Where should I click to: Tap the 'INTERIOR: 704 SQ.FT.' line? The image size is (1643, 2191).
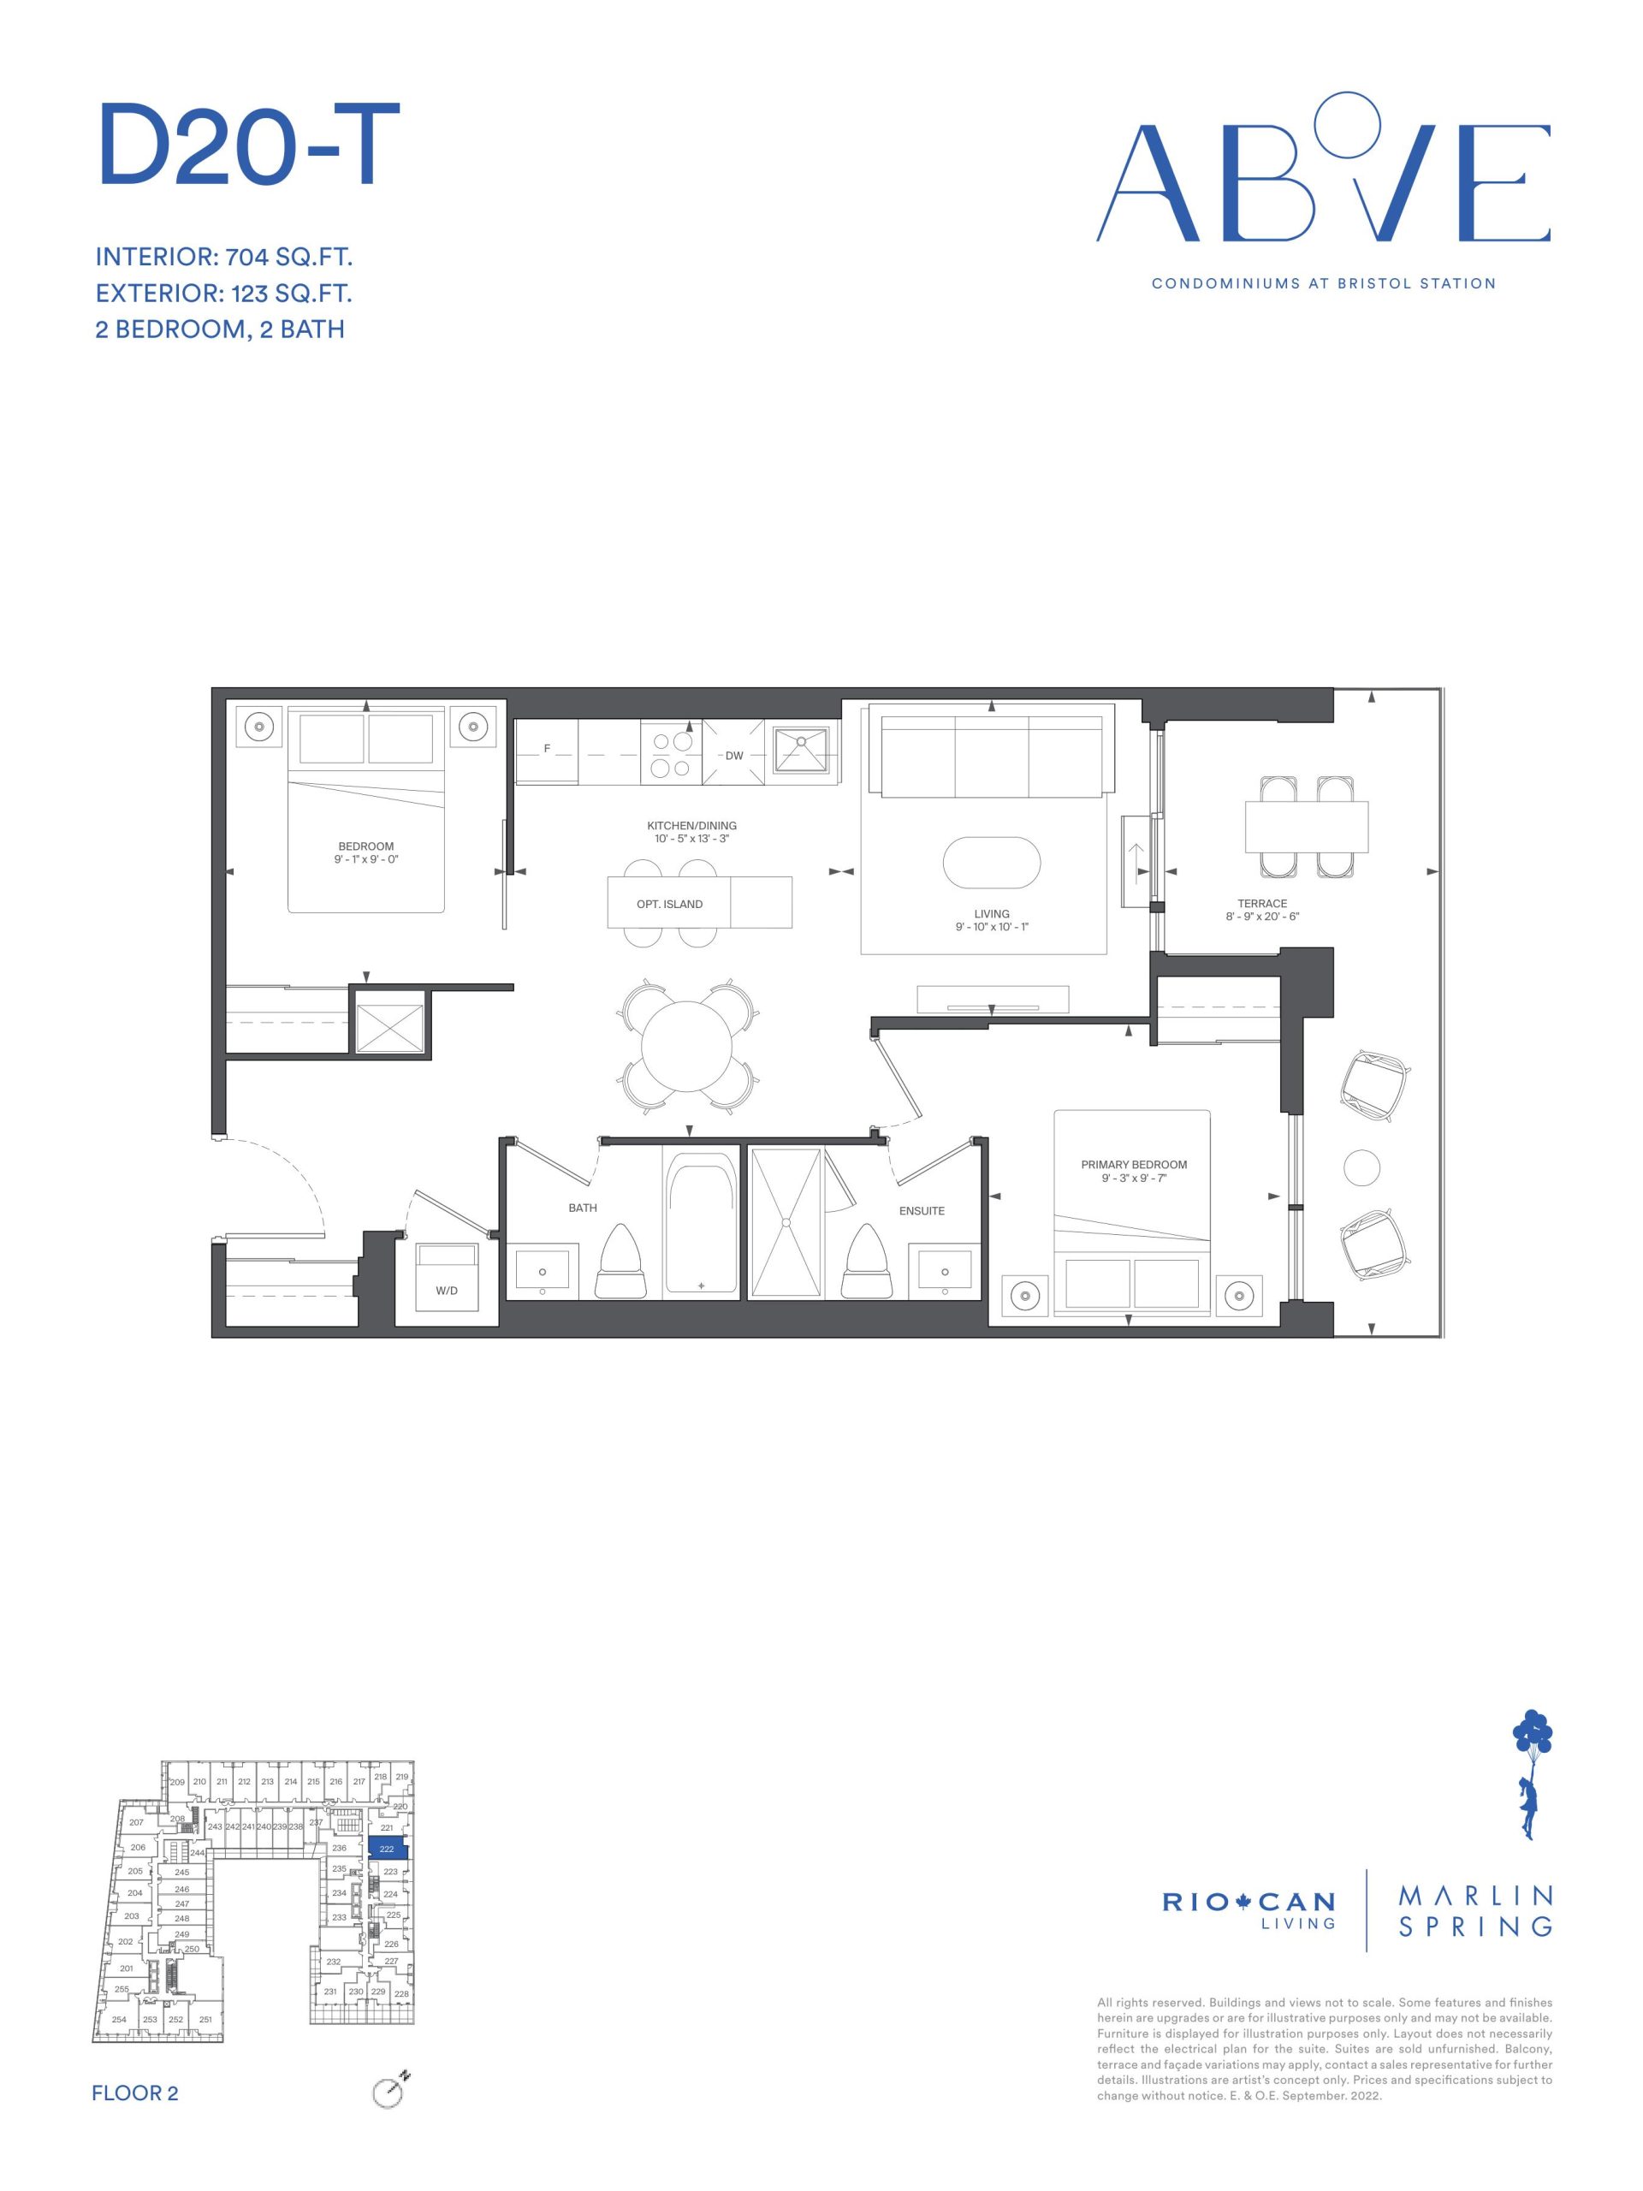[x=224, y=258]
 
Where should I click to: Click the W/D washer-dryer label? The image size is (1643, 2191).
[x=446, y=1291]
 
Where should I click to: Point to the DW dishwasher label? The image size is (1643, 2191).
[x=734, y=756]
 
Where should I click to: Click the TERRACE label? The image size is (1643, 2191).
[x=1261, y=903]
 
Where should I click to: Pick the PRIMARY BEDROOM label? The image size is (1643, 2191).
[x=1134, y=1165]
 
